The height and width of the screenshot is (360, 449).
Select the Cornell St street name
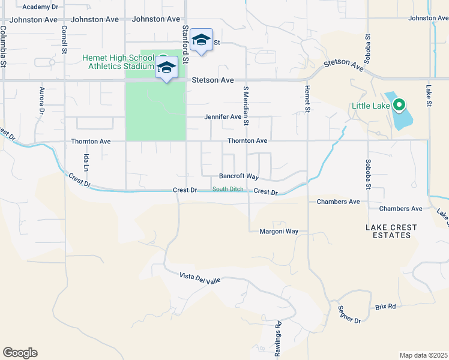(x=64, y=41)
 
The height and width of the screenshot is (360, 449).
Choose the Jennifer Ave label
(x=223, y=117)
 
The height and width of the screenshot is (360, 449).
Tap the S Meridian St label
(x=246, y=106)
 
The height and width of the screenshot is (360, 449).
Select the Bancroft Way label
(x=238, y=177)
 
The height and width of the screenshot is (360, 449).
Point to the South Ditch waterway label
(x=228, y=190)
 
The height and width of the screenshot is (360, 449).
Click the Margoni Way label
(x=279, y=232)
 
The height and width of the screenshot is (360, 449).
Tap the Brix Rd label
(x=386, y=307)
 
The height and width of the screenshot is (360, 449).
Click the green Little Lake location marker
(x=398, y=106)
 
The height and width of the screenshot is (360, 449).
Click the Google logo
(x=20, y=353)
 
